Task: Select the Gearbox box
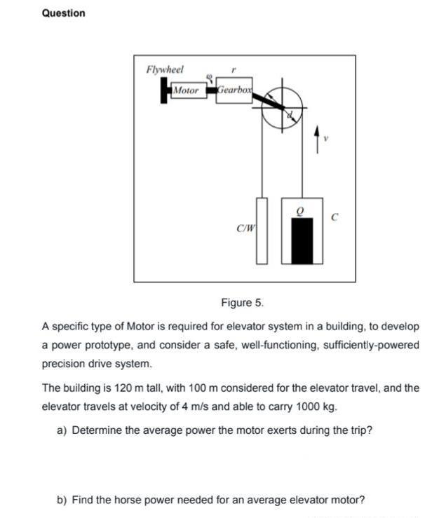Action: tap(234, 90)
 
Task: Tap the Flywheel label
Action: tap(165, 69)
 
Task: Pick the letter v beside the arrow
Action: tap(326, 137)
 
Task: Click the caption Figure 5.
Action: tap(242, 303)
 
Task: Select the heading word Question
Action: tap(64, 13)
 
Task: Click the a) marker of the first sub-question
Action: tap(62, 430)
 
